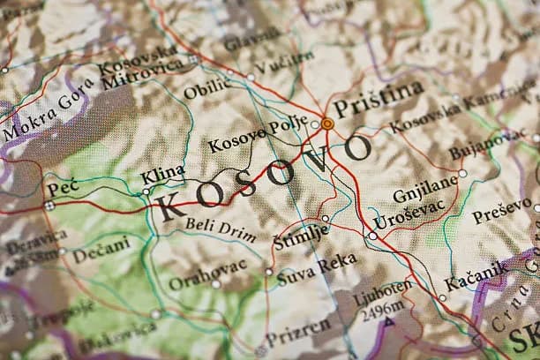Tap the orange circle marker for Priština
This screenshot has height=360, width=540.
[327, 124]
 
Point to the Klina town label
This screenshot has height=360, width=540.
[163, 172]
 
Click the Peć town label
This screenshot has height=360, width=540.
[63, 188]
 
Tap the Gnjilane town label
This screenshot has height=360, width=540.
[426, 189]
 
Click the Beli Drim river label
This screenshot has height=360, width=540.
[221, 229]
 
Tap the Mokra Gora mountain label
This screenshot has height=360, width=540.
[45, 116]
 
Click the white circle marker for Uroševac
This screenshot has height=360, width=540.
[372, 236]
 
